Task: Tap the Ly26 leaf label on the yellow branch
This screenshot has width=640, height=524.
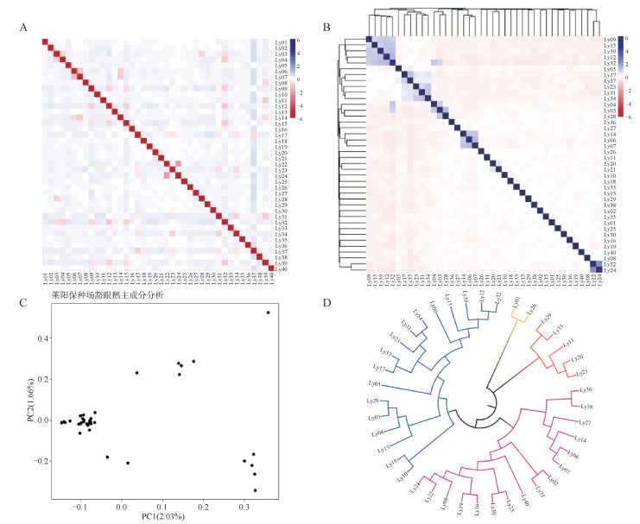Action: point(533,308)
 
